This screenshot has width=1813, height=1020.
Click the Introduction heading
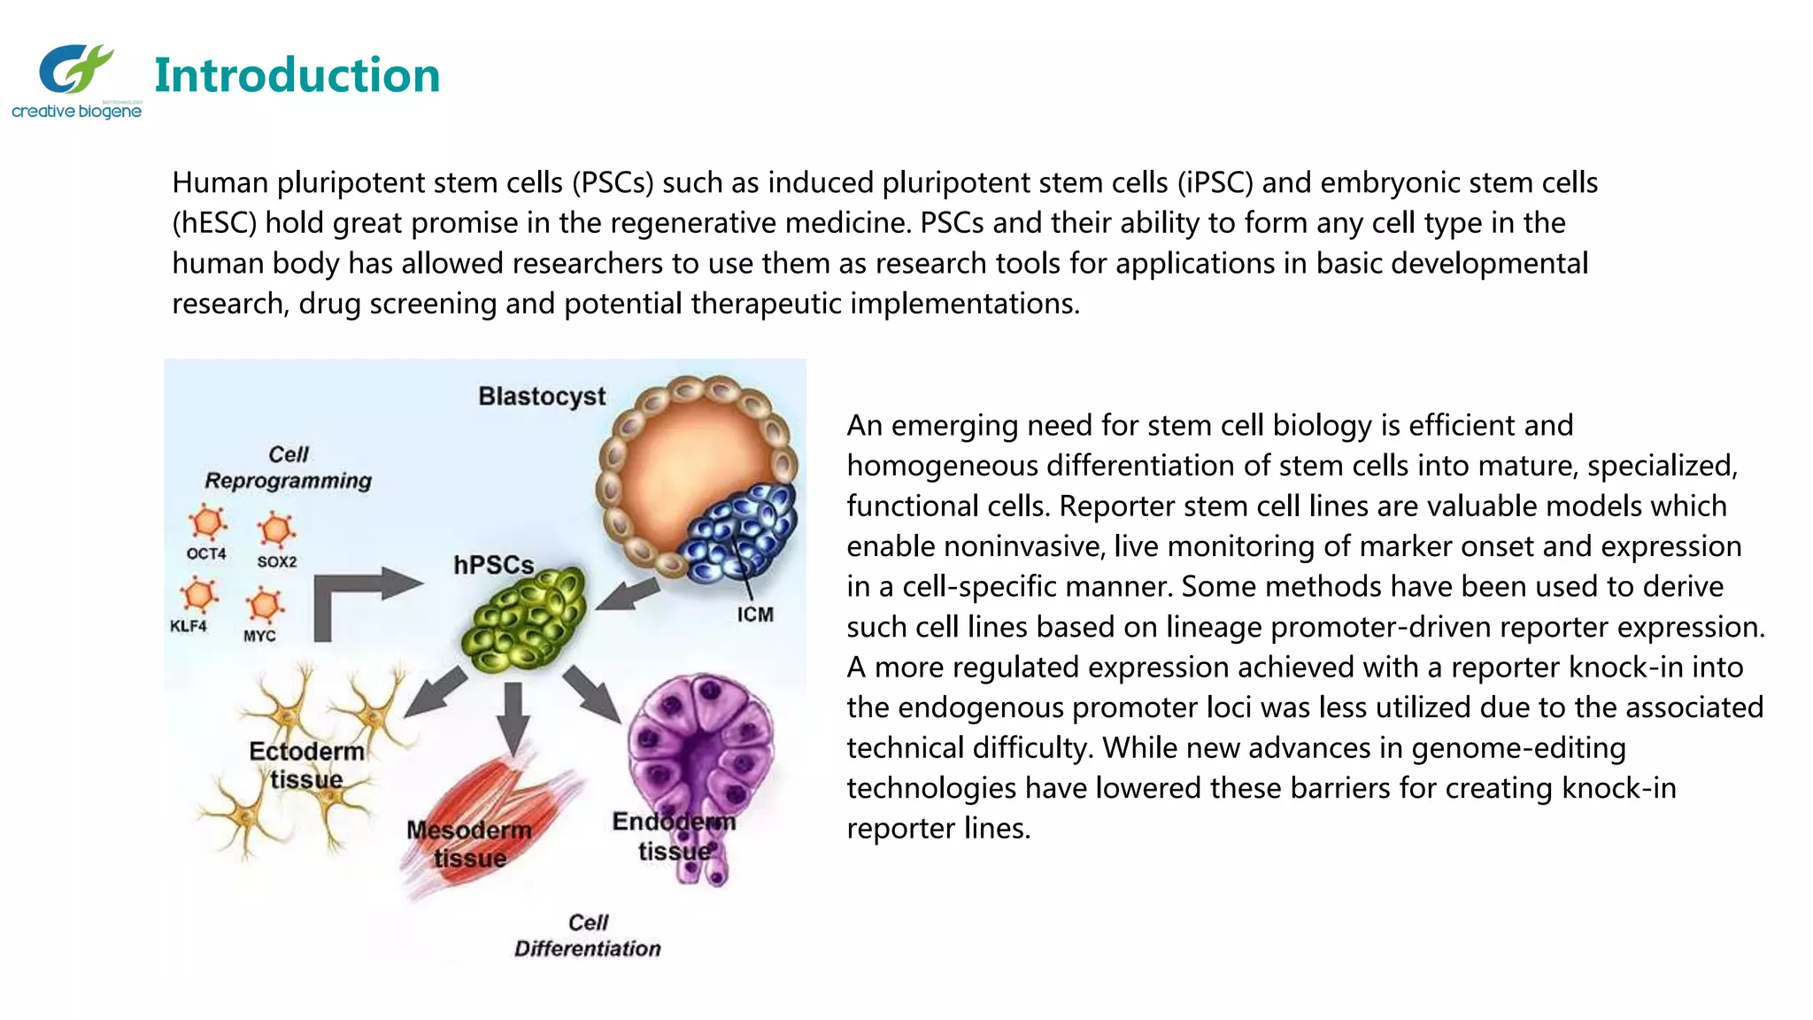(297, 75)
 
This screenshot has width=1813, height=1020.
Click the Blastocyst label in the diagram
(542, 396)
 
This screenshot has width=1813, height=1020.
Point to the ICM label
(755, 614)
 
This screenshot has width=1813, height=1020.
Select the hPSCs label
(493, 565)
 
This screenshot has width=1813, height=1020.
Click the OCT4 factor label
(206, 553)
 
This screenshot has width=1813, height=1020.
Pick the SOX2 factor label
(277, 561)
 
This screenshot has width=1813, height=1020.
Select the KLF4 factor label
(189, 626)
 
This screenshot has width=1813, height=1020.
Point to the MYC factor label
(259, 636)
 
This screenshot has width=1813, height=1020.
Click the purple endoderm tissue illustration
(699, 753)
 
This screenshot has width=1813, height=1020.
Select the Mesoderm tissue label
(469, 844)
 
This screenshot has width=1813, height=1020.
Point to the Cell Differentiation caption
(588, 936)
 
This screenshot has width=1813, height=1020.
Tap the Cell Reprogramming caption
(289, 467)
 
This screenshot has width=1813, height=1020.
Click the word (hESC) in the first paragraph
(214, 223)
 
